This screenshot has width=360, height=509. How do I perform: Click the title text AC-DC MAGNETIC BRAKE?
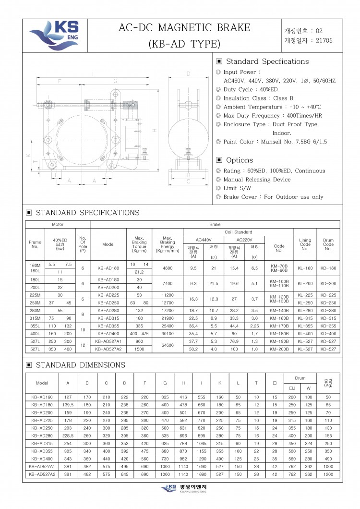184,28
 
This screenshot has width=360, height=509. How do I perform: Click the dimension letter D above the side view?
189,74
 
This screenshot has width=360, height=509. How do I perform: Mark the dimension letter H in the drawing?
154,131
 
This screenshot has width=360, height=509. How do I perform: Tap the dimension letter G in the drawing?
115,82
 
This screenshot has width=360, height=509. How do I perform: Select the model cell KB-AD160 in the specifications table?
108,268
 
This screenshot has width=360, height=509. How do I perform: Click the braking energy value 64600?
168,345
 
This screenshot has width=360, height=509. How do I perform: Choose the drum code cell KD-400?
328,333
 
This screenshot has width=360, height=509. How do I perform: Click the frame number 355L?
35,326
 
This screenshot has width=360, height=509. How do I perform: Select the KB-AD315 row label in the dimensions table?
42,443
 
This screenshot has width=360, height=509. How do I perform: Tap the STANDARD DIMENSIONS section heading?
80,365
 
